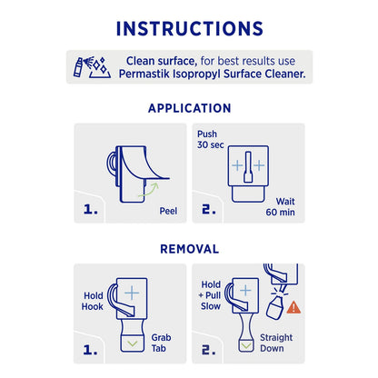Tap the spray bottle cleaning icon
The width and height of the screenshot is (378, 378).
click(x=91, y=66)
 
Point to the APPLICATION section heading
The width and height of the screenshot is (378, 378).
click(x=189, y=108)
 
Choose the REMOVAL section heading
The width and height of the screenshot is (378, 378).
click(x=189, y=247)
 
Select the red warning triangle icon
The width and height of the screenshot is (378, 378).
click(x=294, y=307)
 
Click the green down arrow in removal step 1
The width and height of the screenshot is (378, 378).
click(x=133, y=343)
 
